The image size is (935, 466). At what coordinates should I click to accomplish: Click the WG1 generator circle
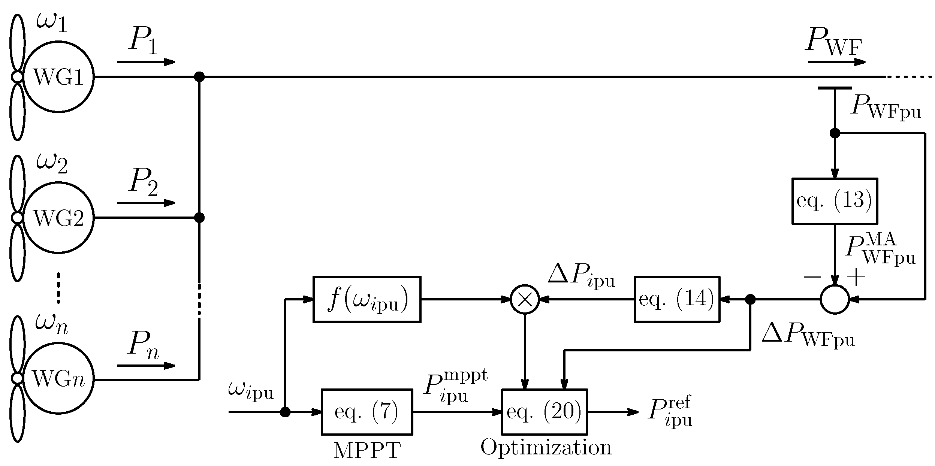tap(58, 77)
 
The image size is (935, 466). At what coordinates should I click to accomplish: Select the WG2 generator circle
tap(58, 218)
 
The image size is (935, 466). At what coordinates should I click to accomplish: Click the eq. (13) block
tap(835, 201)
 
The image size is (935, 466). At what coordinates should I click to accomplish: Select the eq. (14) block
tap(676, 299)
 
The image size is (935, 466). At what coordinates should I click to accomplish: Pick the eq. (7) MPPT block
tap(367, 412)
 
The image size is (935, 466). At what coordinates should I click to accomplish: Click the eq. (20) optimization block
tap(544, 412)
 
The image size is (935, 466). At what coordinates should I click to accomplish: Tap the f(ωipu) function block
tap(367, 299)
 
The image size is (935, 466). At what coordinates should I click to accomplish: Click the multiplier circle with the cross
tap(525, 299)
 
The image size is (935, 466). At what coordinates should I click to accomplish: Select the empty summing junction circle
tap(835, 299)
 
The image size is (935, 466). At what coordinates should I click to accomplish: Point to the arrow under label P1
tap(146, 62)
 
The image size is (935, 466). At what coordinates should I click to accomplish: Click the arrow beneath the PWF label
tap(836, 62)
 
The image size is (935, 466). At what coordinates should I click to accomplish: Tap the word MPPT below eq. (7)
tap(367, 451)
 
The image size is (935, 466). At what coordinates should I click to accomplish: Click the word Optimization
tap(546, 448)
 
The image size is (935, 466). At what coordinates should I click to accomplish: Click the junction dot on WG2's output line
tap(199, 218)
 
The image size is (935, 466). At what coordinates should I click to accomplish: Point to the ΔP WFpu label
tap(808, 335)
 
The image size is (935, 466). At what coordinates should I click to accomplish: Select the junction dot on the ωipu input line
tap(285, 412)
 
